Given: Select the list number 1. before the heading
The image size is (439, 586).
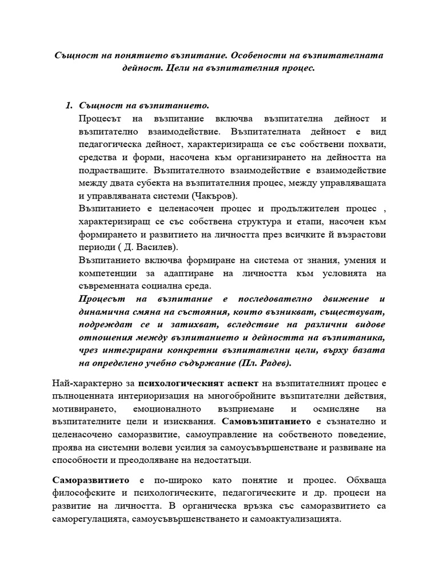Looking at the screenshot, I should pyautogui.click(x=70, y=105).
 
